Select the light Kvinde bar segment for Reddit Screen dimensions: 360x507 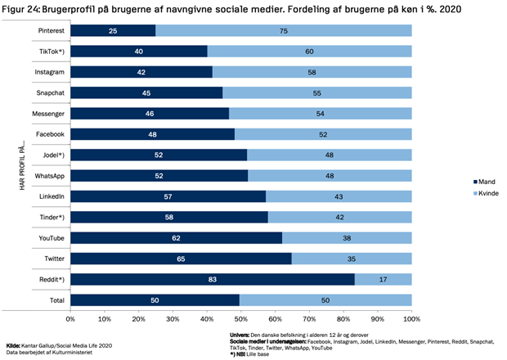click(x=383, y=280)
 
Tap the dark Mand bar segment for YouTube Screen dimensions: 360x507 click(x=176, y=238)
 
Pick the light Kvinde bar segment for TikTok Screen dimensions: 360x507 click(x=309, y=51)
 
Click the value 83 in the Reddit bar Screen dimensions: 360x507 click(x=211, y=280)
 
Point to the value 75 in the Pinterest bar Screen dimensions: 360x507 click(x=283, y=30)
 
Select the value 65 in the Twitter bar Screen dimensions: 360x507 click(x=181, y=259)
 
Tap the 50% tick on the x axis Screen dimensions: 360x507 click(x=241, y=317)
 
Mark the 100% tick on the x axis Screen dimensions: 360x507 click(x=411, y=317)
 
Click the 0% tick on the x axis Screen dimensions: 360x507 click(x=70, y=317)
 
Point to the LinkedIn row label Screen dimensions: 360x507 click(x=51, y=196)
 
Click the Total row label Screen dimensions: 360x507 click(x=56, y=300)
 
